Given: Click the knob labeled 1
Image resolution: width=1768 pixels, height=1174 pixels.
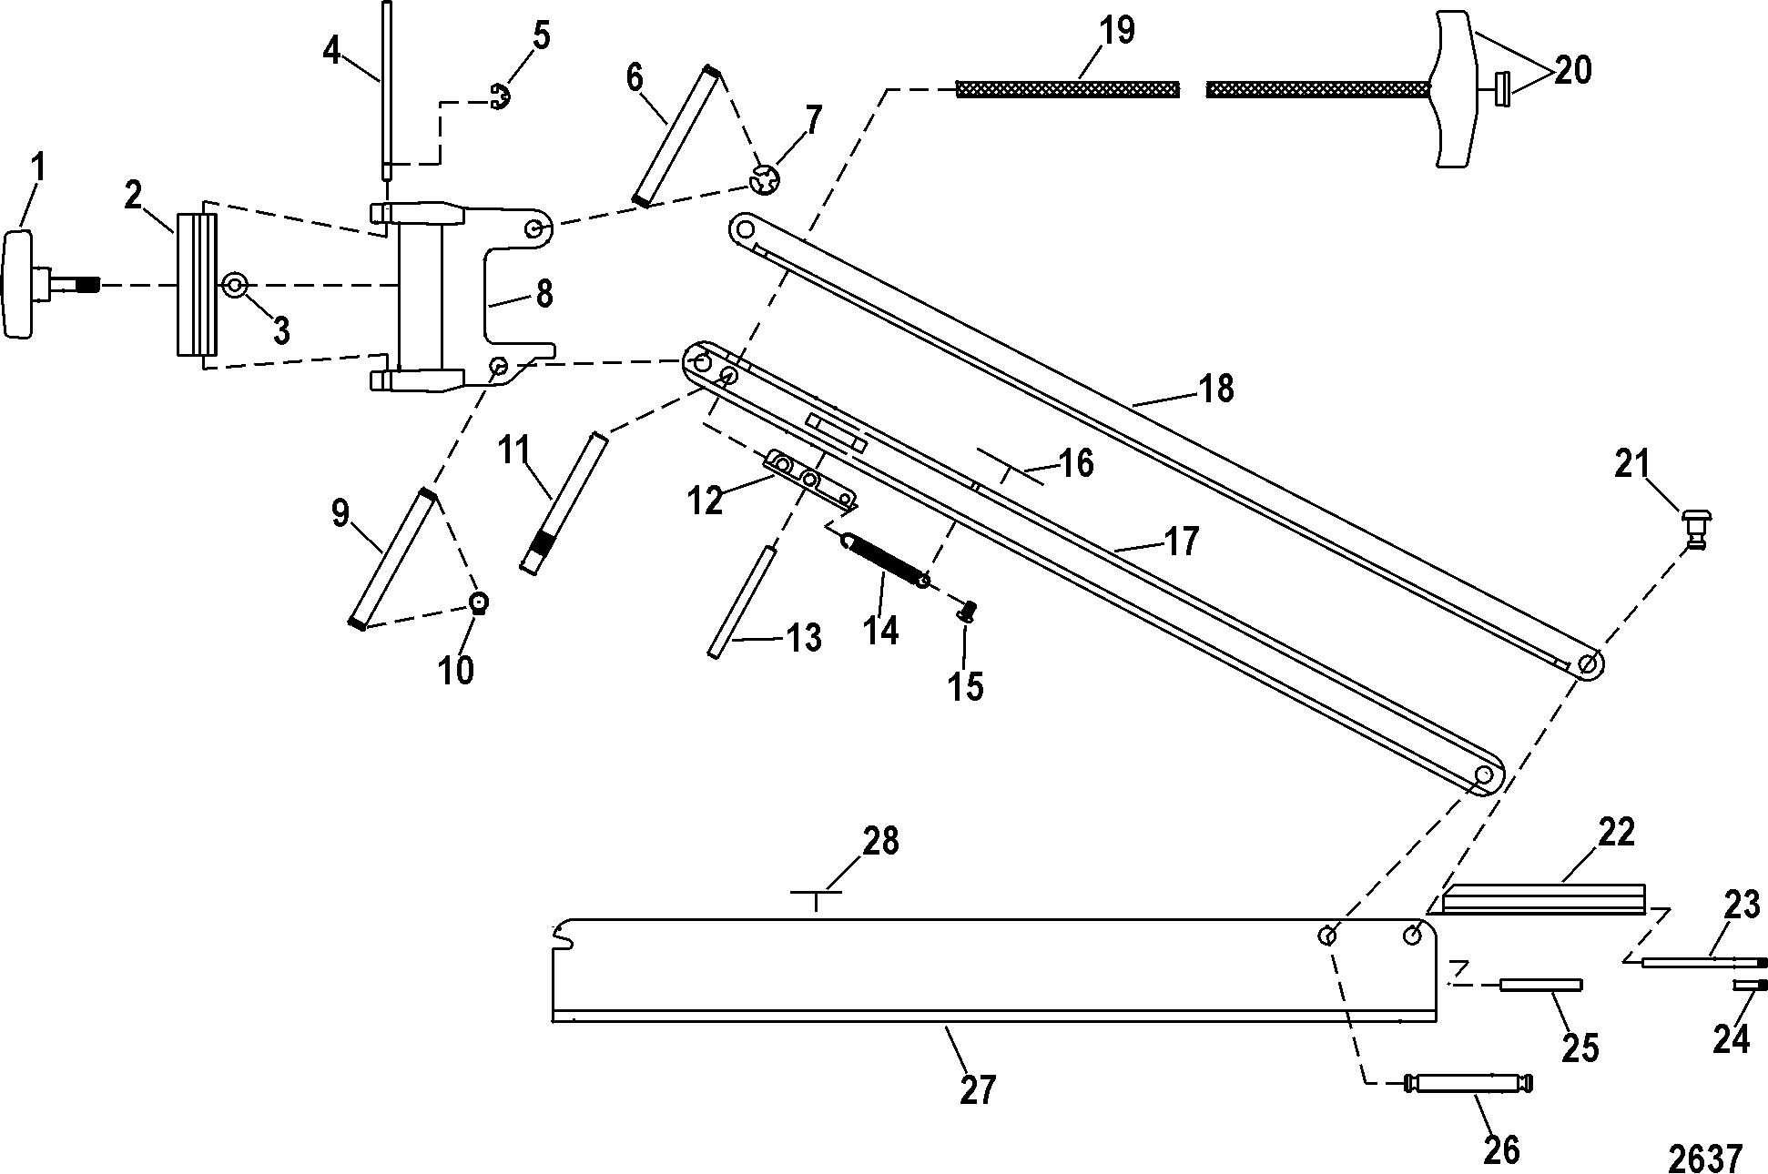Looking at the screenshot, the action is tap(50, 285).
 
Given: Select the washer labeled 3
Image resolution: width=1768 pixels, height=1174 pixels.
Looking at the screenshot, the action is tap(236, 286).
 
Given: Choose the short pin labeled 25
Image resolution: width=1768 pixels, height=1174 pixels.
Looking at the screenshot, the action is tap(1542, 984).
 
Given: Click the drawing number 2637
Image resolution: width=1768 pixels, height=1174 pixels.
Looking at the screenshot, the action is tap(1705, 1159).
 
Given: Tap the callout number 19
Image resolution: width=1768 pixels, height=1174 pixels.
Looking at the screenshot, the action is tap(1116, 31).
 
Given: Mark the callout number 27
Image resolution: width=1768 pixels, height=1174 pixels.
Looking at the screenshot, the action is tap(979, 1089).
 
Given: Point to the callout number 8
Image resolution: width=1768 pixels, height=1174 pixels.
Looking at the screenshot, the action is tap(544, 293).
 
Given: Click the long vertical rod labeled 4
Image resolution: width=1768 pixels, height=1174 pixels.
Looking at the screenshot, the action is tap(387, 89).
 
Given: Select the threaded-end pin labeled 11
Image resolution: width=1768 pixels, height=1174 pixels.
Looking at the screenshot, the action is tap(564, 503).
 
